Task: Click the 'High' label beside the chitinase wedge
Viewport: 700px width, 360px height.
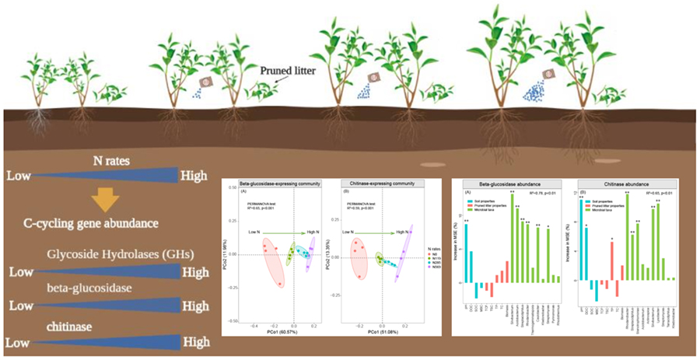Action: (x=196, y=341)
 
